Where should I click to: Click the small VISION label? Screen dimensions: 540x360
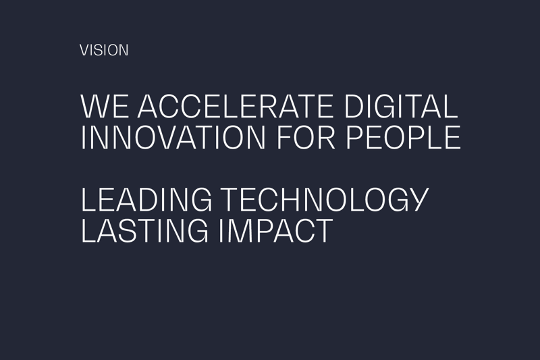(x=104, y=50)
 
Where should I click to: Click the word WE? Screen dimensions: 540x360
(x=105, y=106)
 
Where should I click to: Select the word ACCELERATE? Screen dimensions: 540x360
(x=235, y=106)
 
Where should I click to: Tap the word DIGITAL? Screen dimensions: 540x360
(x=400, y=106)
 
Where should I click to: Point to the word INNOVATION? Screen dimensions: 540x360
(x=173, y=138)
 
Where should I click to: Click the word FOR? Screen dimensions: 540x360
(x=306, y=138)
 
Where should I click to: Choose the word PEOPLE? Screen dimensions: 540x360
(x=403, y=138)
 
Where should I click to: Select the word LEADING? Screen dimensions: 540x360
(x=146, y=199)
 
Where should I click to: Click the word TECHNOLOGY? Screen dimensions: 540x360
(x=325, y=199)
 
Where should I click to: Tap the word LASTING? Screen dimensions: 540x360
(x=144, y=230)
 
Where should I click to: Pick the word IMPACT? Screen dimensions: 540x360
(x=276, y=230)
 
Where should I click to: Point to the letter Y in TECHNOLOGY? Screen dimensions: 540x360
(x=418, y=199)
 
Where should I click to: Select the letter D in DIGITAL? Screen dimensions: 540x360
(x=354, y=106)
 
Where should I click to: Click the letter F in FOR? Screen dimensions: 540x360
(x=285, y=138)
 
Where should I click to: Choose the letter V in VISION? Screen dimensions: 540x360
(x=85, y=50)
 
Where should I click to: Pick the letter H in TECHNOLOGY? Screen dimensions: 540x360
(x=294, y=199)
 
